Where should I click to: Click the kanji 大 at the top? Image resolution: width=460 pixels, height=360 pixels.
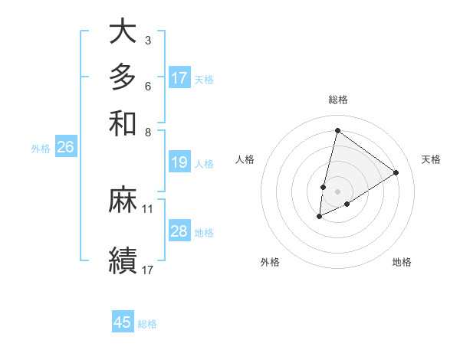pos(123,32)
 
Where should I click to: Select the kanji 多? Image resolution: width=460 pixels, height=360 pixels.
pos(123,77)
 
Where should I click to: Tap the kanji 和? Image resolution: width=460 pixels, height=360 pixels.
pos(123,123)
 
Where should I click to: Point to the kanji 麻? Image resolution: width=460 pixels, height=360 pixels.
pos(123,200)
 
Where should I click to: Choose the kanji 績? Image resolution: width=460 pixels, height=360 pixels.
pos(123,258)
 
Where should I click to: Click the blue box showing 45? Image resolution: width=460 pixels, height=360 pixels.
pos(123,322)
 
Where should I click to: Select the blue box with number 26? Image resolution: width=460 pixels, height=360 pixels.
pos(65,148)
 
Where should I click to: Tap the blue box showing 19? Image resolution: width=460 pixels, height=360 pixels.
pos(179,162)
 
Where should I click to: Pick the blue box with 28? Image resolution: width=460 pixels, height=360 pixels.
pos(179,231)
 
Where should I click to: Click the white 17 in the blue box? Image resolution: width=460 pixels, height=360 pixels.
pos(179,78)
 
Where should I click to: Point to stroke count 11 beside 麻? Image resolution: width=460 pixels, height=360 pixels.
pos(148,208)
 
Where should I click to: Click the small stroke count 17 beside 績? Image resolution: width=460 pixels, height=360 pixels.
pos(148,270)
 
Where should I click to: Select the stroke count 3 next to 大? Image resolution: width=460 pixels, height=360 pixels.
pos(147,40)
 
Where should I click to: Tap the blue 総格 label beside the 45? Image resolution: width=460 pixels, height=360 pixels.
pos(147,324)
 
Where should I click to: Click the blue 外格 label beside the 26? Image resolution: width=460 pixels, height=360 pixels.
pos(41,149)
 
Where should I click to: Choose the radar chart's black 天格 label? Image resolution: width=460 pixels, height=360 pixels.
pos(431,159)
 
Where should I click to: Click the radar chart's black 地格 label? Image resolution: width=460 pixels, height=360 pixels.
pos(402,263)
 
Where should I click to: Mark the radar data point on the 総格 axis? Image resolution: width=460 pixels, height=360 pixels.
pos(337,130)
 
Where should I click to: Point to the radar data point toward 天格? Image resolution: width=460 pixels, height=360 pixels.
pos(396,172)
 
